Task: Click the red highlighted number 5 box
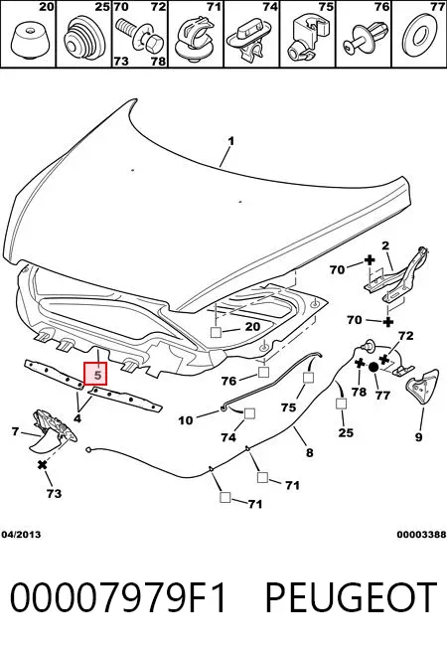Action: tap(95, 373)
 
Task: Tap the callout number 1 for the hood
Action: tap(230, 141)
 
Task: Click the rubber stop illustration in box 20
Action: tap(28, 39)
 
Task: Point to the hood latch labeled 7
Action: tap(52, 430)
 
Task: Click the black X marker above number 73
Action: tap(42, 465)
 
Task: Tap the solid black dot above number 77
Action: tap(372, 367)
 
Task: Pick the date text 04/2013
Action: tap(21, 535)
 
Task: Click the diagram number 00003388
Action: tap(421, 535)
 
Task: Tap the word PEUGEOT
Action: tap(351, 597)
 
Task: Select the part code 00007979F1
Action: tap(118, 597)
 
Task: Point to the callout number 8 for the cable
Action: tap(310, 452)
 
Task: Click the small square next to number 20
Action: tap(217, 333)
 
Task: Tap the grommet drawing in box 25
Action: tap(82, 37)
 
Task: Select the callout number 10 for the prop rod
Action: tap(185, 420)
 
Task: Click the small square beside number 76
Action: tap(264, 373)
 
